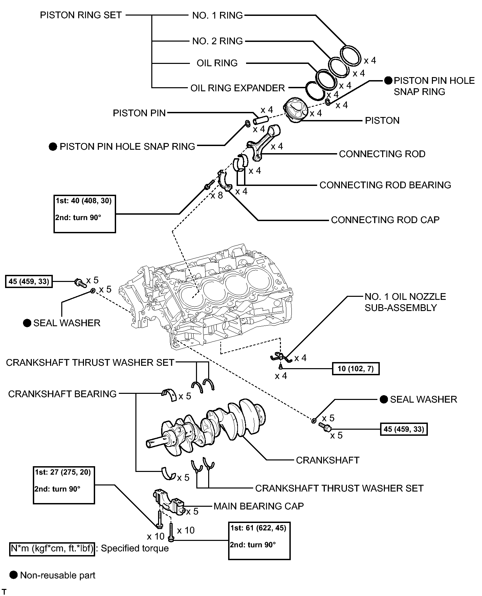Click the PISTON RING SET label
point(81,15)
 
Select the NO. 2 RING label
point(218,41)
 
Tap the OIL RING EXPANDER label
point(238,88)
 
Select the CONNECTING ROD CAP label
point(385,220)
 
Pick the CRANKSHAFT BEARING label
point(62,394)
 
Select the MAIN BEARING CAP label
point(259,506)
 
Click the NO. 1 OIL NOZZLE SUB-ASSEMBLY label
point(405,302)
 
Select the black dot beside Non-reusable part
point(14,575)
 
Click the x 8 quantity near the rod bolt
point(217,195)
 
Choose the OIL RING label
point(217,63)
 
